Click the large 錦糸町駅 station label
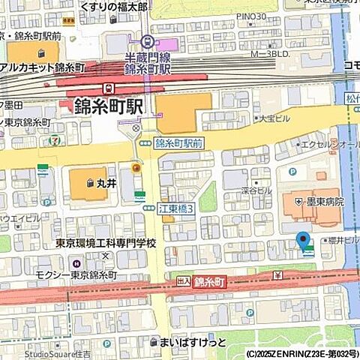click(x=108, y=106)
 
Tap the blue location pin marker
click(x=304, y=241)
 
